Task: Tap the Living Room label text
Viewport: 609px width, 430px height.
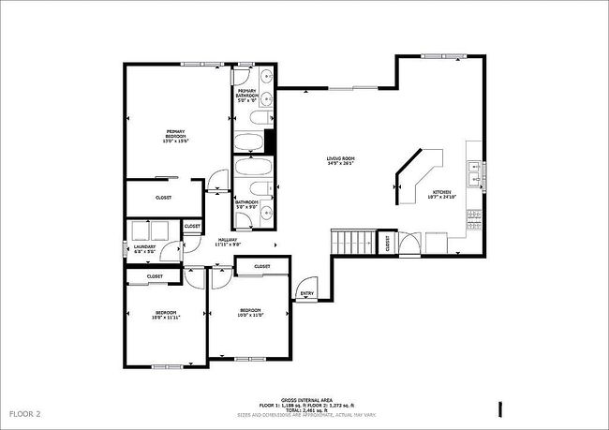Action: pos(339,161)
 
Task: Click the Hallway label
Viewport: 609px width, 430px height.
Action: pos(229,242)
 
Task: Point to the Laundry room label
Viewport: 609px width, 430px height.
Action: pos(143,251)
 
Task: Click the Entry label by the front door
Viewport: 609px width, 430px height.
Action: pos(306,294)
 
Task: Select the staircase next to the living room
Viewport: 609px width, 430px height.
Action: pos(351,241)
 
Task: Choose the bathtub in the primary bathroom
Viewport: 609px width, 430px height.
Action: pos(250,143)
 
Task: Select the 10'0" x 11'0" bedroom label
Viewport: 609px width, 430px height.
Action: pos(249,312)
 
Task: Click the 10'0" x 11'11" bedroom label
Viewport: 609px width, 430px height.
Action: pos(165,316)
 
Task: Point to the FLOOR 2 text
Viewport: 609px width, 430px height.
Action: pos(25,413)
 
